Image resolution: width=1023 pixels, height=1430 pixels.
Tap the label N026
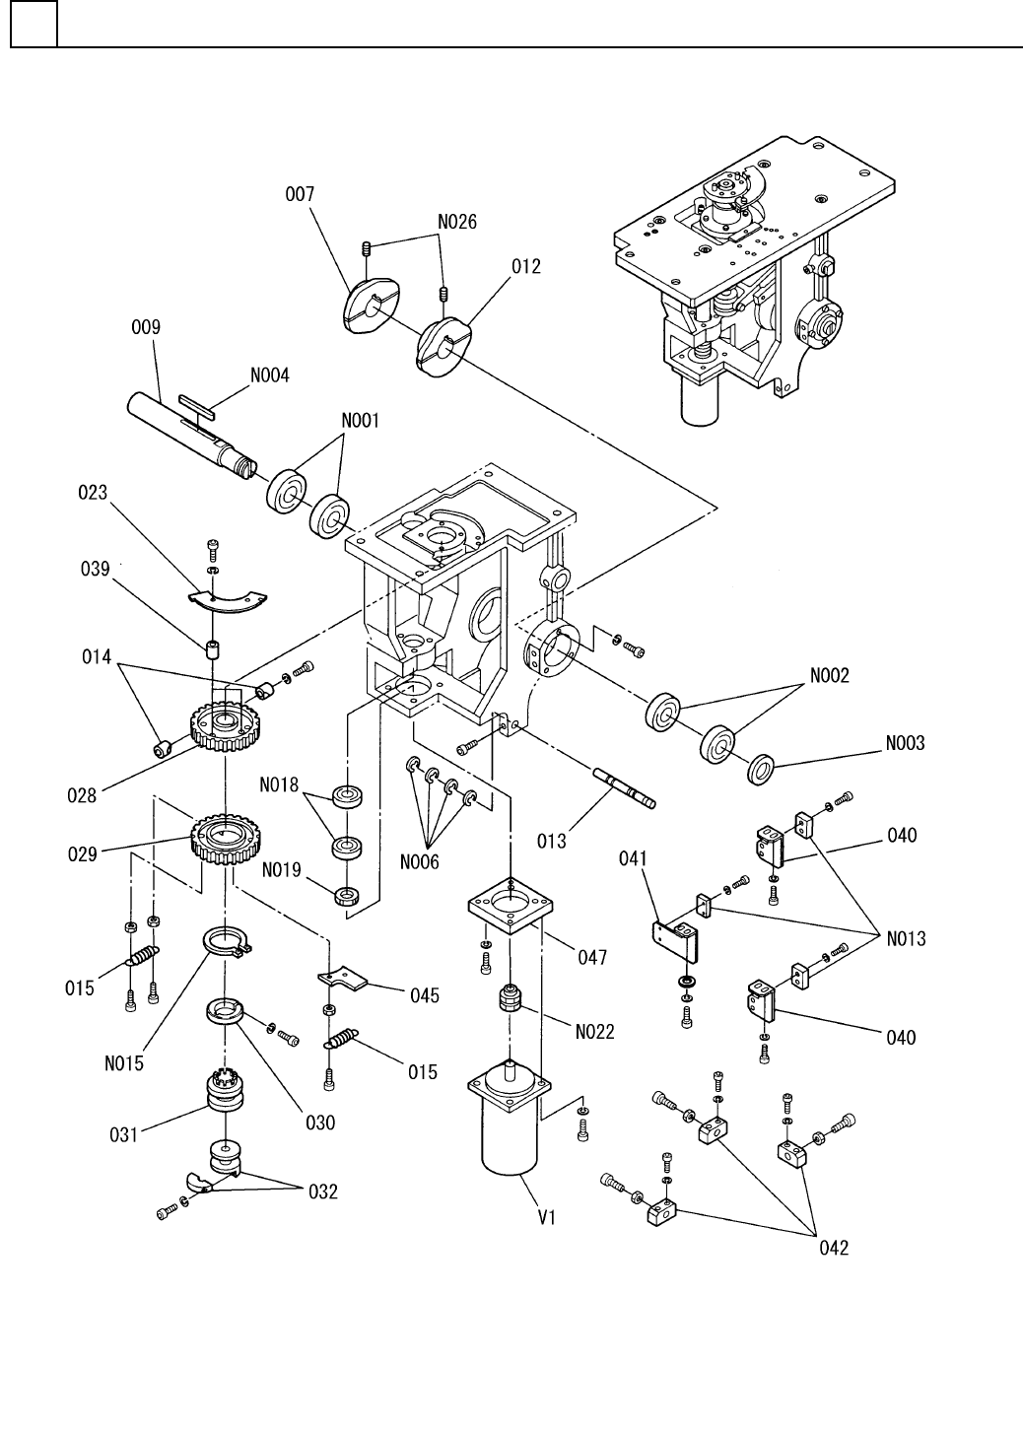click(x=455, y=223)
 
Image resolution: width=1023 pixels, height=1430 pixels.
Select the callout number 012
click(x=526, y=267)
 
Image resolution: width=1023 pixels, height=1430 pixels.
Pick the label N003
click(x=903, y=743)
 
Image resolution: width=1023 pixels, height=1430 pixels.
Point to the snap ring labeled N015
click(x=227, y=943)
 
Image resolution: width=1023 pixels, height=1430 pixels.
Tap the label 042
click(x=834, y=1248)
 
